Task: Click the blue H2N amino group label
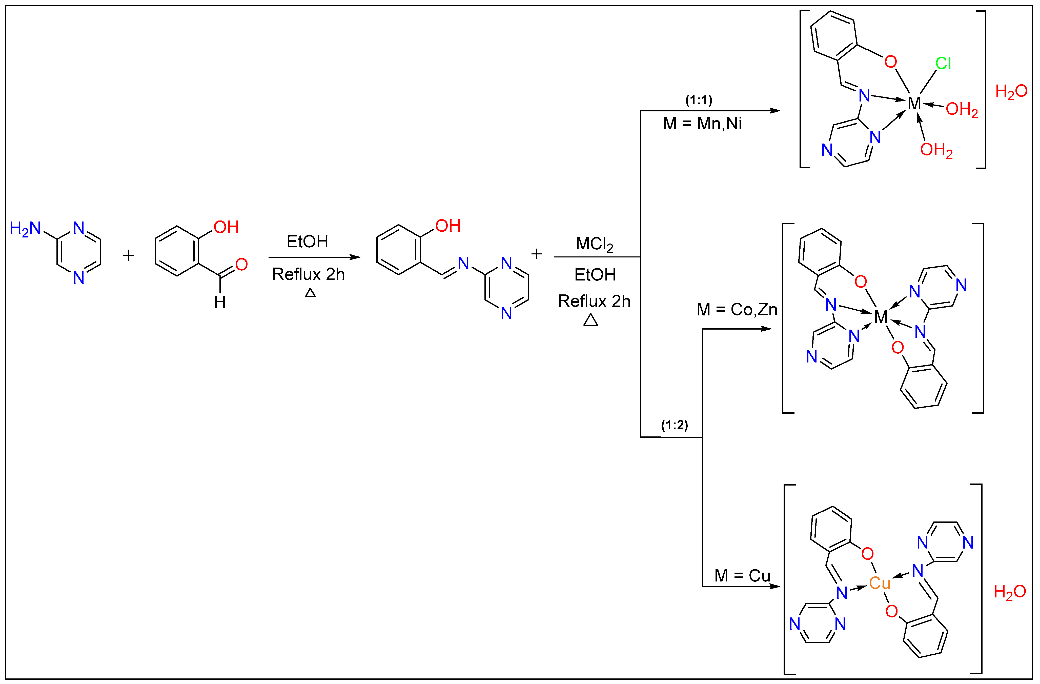tap(25, 229)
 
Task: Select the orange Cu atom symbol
tap(879, 582)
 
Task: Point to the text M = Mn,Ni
tap(702, 124)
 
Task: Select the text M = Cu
tap(742, 576)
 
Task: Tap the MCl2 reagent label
tap(594, 244)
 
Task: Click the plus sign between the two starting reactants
tap(128, 255)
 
